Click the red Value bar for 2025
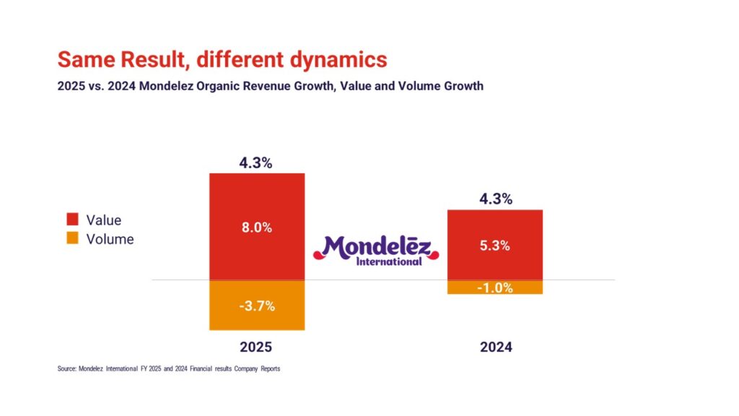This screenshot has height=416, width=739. point(256,202)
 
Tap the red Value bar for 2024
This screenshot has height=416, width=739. point(494,224)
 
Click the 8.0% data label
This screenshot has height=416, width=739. point(256,227)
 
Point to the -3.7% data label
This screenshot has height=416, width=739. point(256,305)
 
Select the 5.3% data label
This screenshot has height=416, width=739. point(494,246)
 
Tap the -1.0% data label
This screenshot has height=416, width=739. point(495,287)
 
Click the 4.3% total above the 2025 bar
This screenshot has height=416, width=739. point(256,162)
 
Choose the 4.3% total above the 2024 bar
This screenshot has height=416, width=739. point(495,199)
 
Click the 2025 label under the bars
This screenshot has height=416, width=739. point(256,347)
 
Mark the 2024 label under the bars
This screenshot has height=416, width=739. point(496,347)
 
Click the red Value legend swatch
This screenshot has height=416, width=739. point(72,220)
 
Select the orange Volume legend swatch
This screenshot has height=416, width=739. point(72,239)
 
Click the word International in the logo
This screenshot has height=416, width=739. point(389,261)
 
